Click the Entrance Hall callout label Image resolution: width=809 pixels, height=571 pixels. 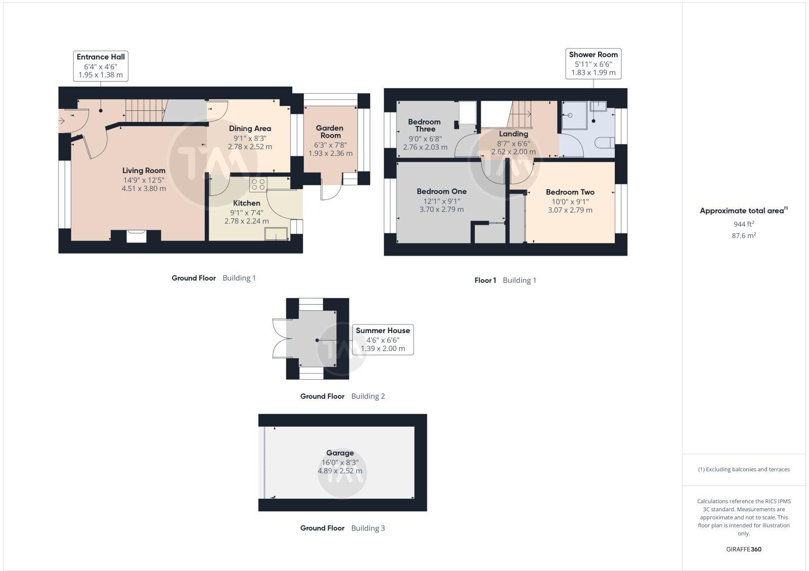point(101,65)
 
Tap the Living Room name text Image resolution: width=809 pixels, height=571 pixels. point(144,171)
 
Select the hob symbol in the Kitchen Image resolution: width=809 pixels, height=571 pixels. point(257,185)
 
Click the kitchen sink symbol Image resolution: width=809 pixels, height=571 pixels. point(276,234)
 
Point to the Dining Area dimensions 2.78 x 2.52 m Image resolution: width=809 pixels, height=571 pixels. point(250,147)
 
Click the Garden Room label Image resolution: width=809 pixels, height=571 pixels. point(330,132)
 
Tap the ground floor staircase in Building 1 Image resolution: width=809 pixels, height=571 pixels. point(145,111)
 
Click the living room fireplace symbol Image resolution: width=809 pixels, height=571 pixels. point(136,236)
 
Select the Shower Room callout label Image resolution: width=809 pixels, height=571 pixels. point(593,63)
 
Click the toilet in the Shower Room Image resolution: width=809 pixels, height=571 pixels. point(604,143)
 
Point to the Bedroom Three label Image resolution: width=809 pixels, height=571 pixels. point(424,125)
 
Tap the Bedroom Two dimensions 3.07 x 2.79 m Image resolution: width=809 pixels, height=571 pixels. point(570,210)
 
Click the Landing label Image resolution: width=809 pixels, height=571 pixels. point(513,134)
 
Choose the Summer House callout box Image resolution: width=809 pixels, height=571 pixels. point(382,339)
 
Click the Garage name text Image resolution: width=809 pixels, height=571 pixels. point(340,453)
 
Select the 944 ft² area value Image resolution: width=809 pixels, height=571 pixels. point(744,224)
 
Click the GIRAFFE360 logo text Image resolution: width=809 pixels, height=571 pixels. point(744,549)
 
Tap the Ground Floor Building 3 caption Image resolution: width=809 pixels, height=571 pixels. point(342,528)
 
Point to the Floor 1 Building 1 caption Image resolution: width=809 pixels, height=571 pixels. point(505,280)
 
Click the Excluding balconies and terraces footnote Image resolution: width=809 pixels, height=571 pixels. point(744,470)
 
